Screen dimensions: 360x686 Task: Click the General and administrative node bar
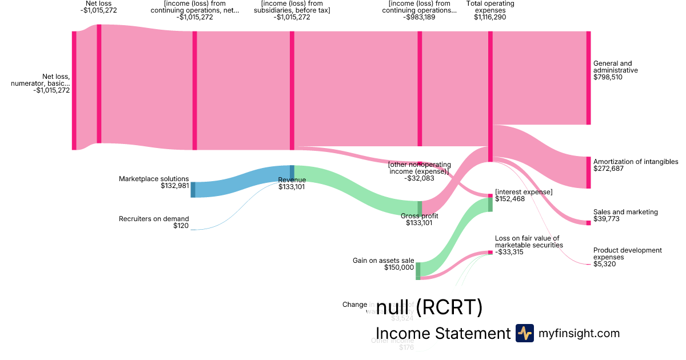pyautogui.click(x=588, y=78)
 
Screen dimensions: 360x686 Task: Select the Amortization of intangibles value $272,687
pyautogui.click(x=608, y=169)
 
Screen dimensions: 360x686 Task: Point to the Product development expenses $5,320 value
pyautogui.click(x=605, y=264)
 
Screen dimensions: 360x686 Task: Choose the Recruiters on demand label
pyautogui.click(x=154, y=219)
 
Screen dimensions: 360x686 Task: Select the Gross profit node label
pyautogui.click(x=420, y=216)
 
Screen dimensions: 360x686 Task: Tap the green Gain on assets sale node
pyautogui.click(x=418, y=269)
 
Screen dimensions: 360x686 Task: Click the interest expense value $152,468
pyautogui.click(x=510, y=199)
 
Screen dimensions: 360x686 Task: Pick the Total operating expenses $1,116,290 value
pyautogui.click(x=489, y=17)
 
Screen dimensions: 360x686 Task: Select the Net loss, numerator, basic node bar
pyautogui.click(x=74, y=90)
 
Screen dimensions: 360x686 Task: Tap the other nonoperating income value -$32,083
pyautogui.click(x=419, y=178)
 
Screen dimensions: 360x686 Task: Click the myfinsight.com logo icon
pyautogui.click(x=524, y=333)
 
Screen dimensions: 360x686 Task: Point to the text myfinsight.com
pyautogui.click(x=579, y=333)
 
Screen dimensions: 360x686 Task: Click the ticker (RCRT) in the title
pyautogui.click(x=449, y=309)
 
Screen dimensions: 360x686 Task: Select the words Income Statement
pyautogui.click(x=442, y=333)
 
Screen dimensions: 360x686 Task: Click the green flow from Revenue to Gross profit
pyautogui.click(x=354, y=186)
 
